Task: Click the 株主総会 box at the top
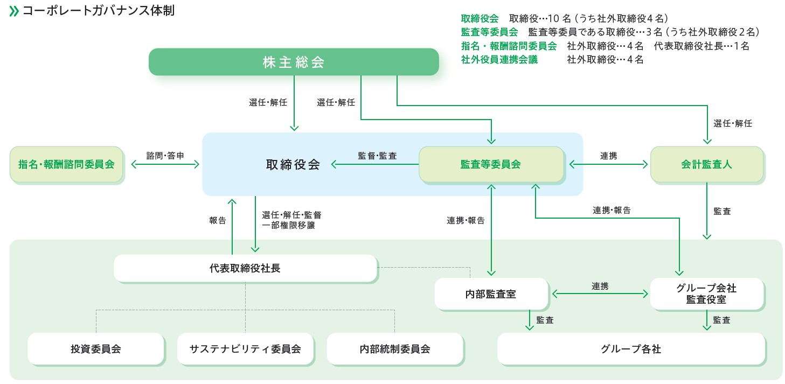point(294,62)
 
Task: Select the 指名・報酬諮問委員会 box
point(67,164)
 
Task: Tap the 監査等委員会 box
point(491,164)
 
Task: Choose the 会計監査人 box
point(706,164)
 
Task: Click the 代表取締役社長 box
point(245,268)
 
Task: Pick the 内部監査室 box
point(490,294)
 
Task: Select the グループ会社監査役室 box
point(706,294)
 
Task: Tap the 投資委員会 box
point(95,349)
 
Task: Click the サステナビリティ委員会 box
point(245,349)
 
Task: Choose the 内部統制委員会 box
point(394,349)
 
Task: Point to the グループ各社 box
point(630,349)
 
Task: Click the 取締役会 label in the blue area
point(293,164)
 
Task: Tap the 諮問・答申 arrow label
point(165,155)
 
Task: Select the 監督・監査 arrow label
point(377,156)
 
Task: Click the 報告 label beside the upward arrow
point(218,220)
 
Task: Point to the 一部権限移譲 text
point(288,226)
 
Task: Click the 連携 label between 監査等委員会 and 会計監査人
point(608,155)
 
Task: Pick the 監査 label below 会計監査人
point(722,212)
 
